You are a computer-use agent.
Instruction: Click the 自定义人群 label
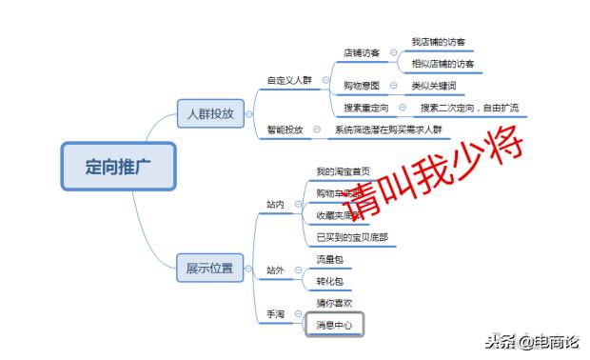pos(289,81)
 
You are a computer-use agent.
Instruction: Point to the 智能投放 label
pos(285,129)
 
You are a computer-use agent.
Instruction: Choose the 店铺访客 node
pos(362,52)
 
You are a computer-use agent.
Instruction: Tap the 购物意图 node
pos(362,86)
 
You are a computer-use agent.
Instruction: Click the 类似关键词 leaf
pos(433,86)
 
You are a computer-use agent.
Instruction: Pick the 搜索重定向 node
pos(365,108)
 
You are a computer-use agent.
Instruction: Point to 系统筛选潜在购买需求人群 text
pos(390,129)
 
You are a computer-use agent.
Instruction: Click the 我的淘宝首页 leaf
pos(343,171)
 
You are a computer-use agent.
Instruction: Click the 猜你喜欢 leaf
pos(334,303)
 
